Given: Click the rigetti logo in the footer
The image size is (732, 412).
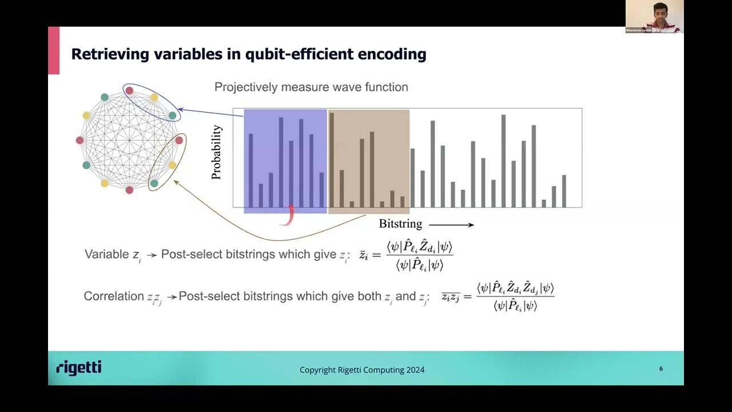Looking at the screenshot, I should [x=79, y=368].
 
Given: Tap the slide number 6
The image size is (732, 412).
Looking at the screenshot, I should [x=661, y=369].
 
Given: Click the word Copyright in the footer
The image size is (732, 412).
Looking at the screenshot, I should [x=318, y=370].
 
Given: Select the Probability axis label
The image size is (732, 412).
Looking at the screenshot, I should [x=216, y=153].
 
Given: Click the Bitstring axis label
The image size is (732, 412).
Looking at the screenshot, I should [x=400, y=224].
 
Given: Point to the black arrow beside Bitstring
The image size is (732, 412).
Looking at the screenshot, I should [x=452, y=225].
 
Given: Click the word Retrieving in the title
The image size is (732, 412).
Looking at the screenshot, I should [x=108, y=54].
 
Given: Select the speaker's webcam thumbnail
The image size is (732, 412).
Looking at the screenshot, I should [x=654, y=16].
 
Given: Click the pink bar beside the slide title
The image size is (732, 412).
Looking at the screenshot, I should [x=54, y=50].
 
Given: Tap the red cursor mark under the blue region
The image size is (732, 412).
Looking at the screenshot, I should [x=289, y=216].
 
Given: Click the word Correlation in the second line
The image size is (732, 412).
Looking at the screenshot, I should [x=114, y=296].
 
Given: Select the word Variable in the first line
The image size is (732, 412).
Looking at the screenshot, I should [x=107, y=254].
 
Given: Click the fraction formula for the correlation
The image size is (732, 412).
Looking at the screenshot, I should [x=515, y=297].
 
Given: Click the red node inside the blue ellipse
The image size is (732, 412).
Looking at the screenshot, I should [x=129, y=90].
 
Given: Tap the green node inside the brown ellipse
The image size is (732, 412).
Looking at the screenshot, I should [x=154, y=183].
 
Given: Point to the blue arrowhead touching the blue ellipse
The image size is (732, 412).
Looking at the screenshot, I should [x=180, y=109].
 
